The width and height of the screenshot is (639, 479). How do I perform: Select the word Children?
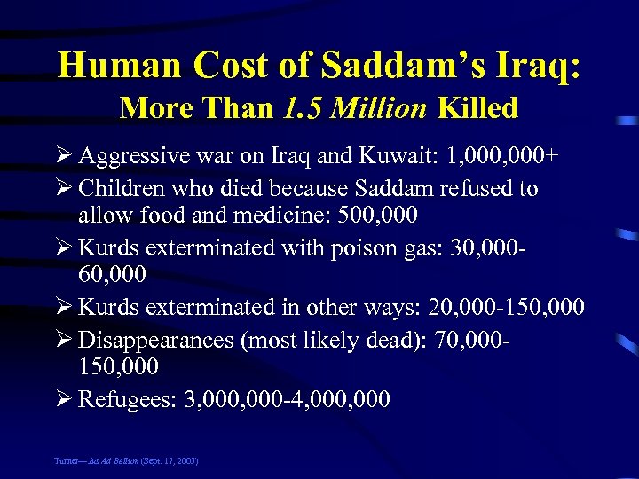pos(120,188)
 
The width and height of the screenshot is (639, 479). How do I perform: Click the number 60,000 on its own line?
pos(112,277)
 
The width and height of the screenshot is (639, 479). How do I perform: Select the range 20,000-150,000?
pos(505,307)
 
